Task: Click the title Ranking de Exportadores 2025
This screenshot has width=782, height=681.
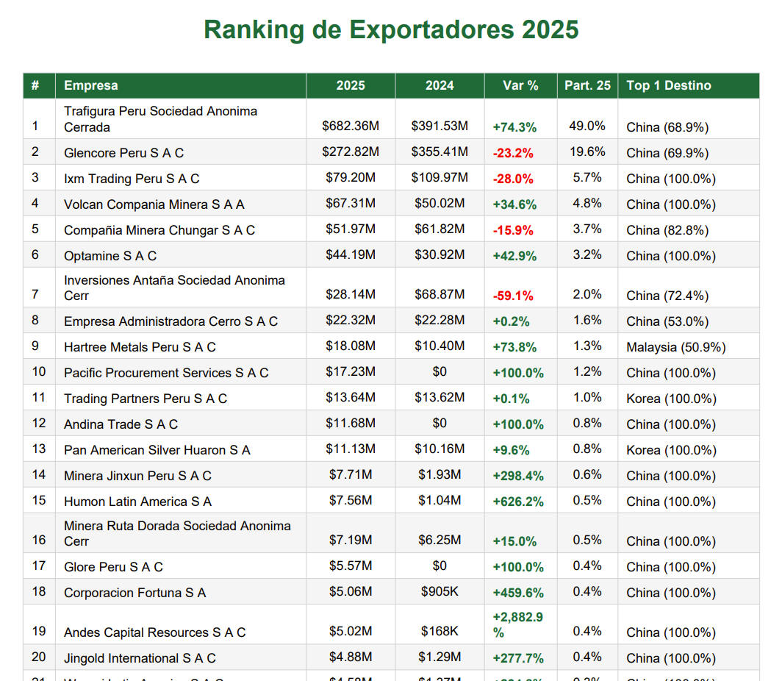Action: point(391,30)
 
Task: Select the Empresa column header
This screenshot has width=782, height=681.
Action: point(90,85)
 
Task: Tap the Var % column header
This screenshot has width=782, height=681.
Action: point(520,85)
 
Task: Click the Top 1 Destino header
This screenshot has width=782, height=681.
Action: point(669,85)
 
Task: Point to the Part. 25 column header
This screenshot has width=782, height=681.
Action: point(587,85)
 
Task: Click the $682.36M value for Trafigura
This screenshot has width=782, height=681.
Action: point(351,126)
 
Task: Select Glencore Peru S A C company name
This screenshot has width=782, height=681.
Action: point(123,153)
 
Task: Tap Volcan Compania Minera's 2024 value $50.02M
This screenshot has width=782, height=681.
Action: point(440,204)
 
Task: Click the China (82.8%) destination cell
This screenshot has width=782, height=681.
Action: point(667,230)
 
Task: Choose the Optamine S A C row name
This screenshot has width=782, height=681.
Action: point(110,256)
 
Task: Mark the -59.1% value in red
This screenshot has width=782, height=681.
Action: point(513,296)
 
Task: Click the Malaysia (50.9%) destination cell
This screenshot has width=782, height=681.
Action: point(675,347)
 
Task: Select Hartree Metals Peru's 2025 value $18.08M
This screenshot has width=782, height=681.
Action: point(351,346)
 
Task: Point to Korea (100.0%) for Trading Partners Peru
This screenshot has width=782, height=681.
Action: point(671,399)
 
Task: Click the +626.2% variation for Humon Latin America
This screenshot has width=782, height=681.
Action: point(518,502)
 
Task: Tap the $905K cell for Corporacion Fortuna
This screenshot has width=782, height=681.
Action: point(440,592)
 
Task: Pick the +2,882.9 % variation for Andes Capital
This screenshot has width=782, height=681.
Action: point(517,624)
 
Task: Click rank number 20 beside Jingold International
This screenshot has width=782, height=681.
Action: point(39,657)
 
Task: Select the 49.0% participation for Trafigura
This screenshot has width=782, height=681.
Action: point(587,126)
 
